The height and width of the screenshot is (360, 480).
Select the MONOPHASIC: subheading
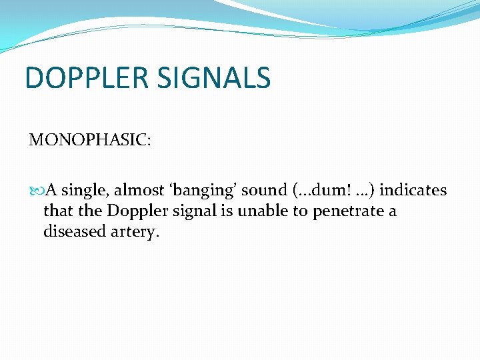(x=90, y=141)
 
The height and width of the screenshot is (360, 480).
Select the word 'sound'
(x=264, y=191)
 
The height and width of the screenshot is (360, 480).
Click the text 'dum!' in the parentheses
(x=327, y=191)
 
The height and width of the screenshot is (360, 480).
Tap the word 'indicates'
(x=413, y=191)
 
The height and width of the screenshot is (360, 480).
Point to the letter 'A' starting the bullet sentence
(x=51, y=191)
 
